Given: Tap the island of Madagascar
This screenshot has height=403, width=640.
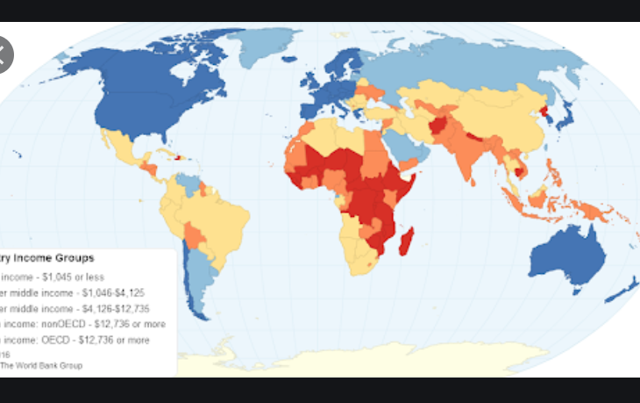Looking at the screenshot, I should pyautogui.click(x=406, y=239).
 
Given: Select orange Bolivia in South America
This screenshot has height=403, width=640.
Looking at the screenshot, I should pyautogui.click(x=195, y=233).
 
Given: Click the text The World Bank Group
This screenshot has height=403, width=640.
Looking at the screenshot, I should pyautogui.click(x=41, y=365).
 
